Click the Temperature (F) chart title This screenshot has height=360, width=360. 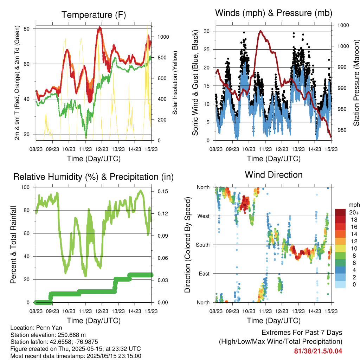[94, 15]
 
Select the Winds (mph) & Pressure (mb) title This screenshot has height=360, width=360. [274, 13]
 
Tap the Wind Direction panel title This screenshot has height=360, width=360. [274, 175]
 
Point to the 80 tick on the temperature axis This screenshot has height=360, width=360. [27, 29]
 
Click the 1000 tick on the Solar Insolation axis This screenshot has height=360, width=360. [163, 37]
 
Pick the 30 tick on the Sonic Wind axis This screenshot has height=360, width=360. [207, 31]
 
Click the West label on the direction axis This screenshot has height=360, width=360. [204, 216]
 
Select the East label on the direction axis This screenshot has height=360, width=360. [204, 274]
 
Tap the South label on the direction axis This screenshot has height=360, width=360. [203, 245]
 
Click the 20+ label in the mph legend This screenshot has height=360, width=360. [354, 212]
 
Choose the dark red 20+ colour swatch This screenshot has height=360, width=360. [340, 212]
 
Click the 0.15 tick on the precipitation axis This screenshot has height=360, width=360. [163, 191]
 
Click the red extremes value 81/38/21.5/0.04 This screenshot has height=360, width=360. [318, 351]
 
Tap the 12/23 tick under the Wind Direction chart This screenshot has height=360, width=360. [282, 311]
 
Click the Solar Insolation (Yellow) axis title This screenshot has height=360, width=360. [175, 83]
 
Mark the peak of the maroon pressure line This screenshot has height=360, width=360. [261, 31]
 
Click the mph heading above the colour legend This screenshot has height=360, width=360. [354, 205]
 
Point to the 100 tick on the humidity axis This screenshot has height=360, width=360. [25, 187]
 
